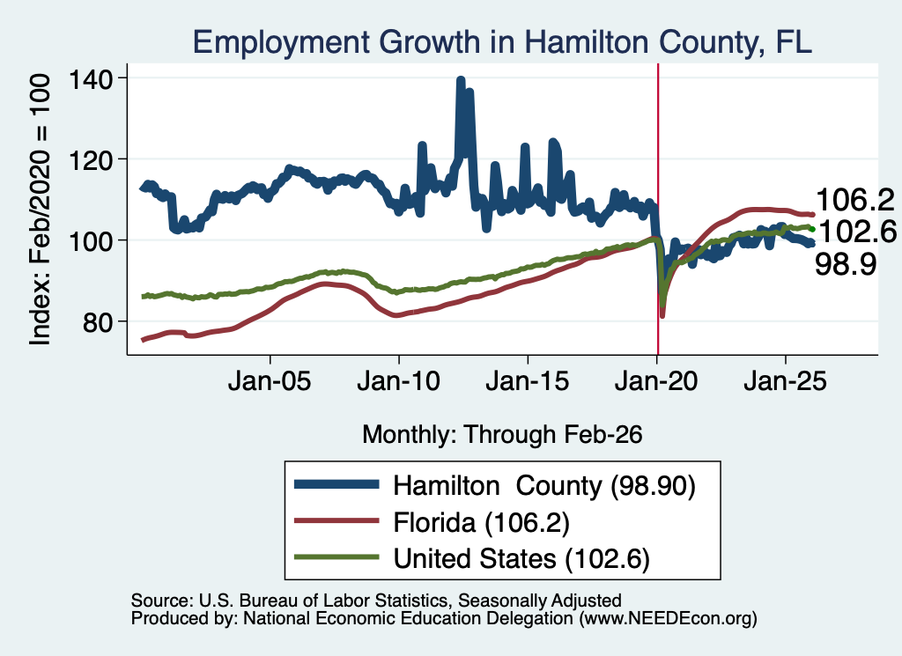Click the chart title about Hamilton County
tap(501, 42)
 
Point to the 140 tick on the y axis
tap(90, 79)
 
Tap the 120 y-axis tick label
tap(90, 160)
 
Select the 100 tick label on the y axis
tap(90, 241)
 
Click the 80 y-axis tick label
tap(97, 322)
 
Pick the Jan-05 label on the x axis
tap(270, 381)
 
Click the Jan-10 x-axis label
tap(399, 381)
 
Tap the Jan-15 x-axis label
tap(528, 381)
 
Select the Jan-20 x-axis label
tap(656, 381)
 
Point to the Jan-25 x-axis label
tap(785, 381)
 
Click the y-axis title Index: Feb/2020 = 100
tap(40, 210)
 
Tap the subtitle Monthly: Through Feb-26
tap(502, 435)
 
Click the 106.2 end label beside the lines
tap(854, 200)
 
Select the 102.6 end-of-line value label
tap(856, 232)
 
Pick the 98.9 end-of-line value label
tap(846, 265)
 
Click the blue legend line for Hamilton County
tap(336, 484)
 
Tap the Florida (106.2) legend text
tap(481, 523)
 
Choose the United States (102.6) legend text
tap(521, 558)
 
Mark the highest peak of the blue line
tap(460, 79)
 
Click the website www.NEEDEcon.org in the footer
tap(668, 618)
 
